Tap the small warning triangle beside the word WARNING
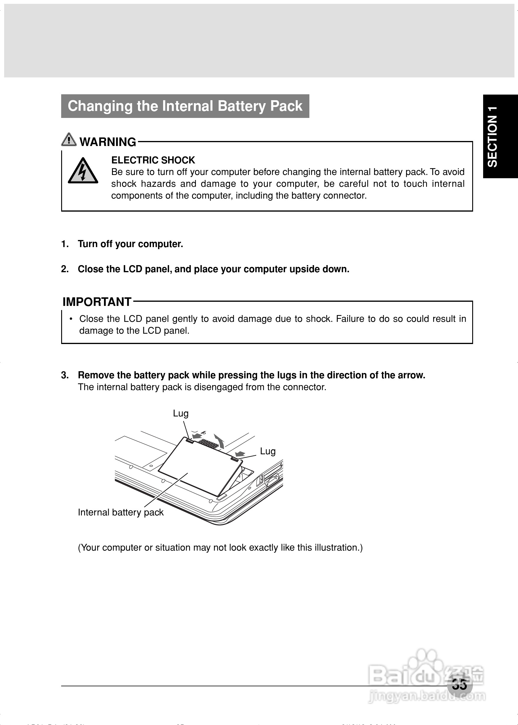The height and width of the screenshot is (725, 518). tap(69, 140)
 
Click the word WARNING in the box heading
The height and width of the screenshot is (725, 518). tap(108, 142)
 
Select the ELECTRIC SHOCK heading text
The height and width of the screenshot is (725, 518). tap(153, 160)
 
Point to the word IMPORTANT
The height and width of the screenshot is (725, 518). tap(97, 302)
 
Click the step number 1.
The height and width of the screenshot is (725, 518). tap(65, 244)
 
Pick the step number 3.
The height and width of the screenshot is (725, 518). tap(65, 375)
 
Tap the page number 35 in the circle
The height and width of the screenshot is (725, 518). tap(459, 685)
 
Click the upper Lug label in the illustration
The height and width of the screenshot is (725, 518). tap(181, 413)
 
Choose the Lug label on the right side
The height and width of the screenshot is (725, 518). tap(268, 451)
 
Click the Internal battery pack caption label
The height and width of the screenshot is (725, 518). tap(121, 512)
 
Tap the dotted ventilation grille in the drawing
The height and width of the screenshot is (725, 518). tap(208, 443)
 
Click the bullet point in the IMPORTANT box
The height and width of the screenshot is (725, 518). tap(71, 319)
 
